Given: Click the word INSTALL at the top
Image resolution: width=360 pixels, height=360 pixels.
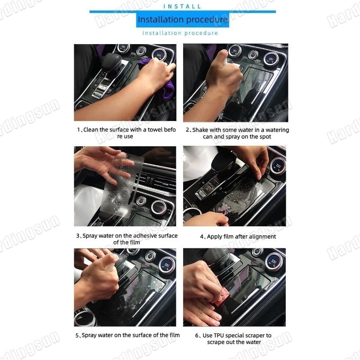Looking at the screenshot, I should click(x=182, y=6).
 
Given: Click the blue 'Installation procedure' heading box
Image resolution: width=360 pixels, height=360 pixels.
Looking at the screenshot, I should click(x=182, y=20).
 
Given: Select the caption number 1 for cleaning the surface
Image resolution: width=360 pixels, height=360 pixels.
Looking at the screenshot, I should click(x=78, y=130).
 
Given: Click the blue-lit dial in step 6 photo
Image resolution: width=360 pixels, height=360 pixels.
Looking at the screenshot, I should click(x=274, y=261).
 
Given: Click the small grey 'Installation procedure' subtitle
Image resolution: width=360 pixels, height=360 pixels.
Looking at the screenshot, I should click(x=180, y=33).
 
